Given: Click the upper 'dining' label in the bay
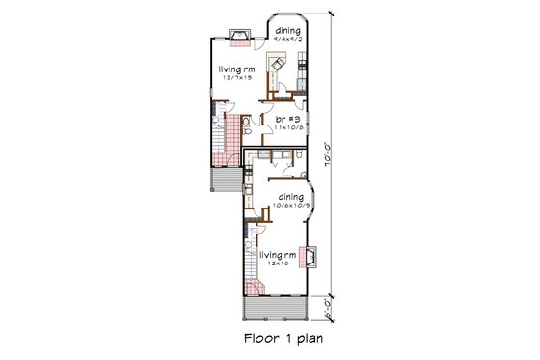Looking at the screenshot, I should coord(287,31).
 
